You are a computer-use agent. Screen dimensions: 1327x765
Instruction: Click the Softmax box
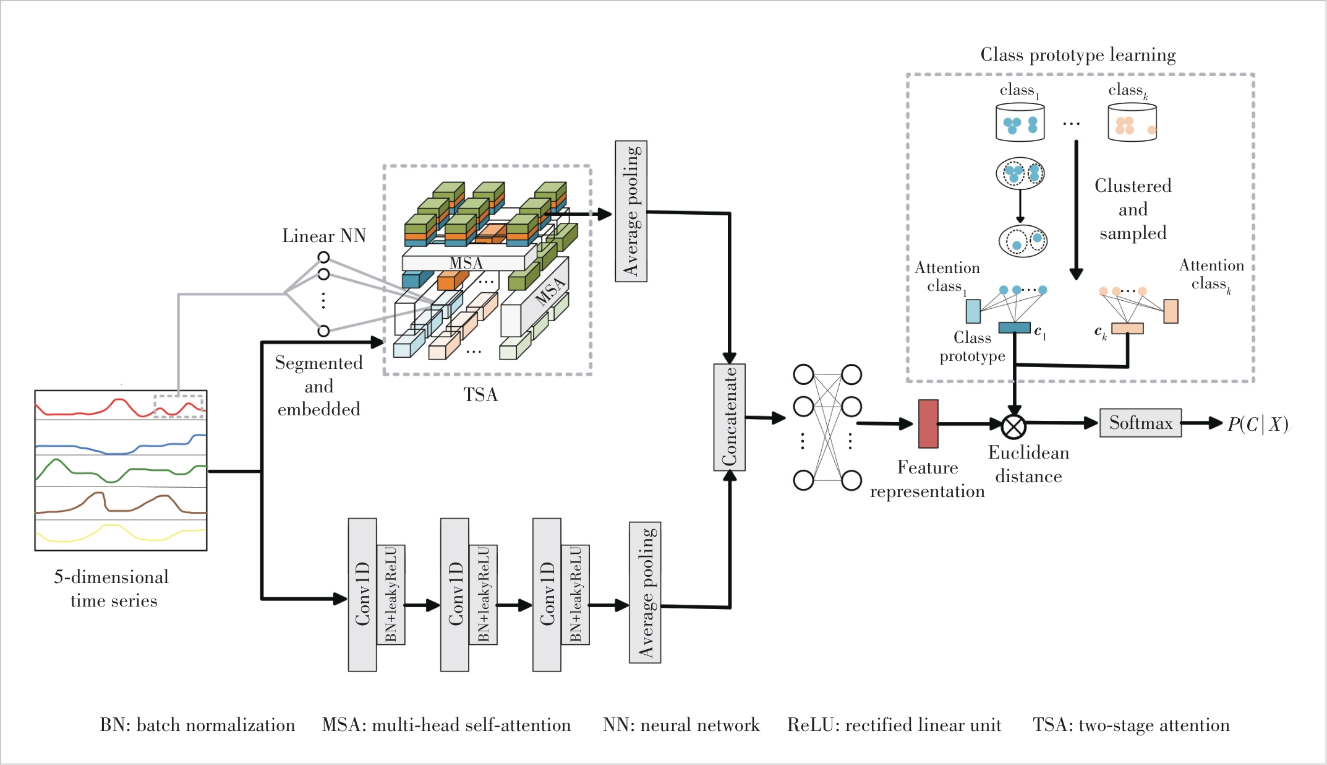(1140, 423)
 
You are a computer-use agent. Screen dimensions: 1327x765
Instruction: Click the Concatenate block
(729, 417)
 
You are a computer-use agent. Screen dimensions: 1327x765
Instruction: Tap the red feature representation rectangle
(928, 424)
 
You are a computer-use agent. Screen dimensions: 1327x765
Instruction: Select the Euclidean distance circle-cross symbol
(1013, 426)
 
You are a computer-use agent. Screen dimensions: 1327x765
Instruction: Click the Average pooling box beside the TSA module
(631, 211)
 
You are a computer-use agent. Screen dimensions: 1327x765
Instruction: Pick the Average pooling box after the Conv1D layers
(645, 592)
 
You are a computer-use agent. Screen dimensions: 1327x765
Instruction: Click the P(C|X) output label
(1258, 424)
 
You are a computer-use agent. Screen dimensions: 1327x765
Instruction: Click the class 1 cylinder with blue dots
(1020, 122)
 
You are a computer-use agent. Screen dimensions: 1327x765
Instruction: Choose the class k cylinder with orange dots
(1132, 122)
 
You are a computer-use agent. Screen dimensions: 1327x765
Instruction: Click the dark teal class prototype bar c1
(1014, 327)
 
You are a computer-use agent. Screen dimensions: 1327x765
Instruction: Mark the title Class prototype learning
(1078, 54)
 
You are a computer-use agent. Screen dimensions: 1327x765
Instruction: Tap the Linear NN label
(324, 236)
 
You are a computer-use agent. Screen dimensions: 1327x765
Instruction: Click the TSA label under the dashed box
(480, 395)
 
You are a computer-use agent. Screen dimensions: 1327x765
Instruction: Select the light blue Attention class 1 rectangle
(973, 311)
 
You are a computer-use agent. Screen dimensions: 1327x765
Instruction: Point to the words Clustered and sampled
(1133, 209)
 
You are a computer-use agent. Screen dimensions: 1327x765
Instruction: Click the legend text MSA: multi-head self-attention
(446, 725)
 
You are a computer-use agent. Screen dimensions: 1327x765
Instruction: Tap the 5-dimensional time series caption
(112, 589)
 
